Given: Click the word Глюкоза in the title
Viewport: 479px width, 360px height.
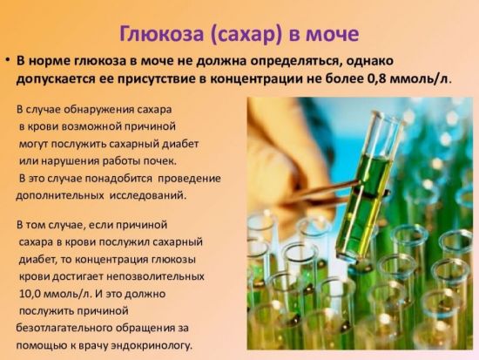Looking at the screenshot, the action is pyautogui.click(x=161, y=33).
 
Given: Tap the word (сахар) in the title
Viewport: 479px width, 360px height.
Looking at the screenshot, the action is pyautogui.click(x=246, y=33).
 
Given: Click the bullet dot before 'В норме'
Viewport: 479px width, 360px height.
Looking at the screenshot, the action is pyautogui.click(x=8, y=60).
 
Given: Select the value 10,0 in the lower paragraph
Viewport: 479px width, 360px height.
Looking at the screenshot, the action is pyautogui.click(x=30, y=294).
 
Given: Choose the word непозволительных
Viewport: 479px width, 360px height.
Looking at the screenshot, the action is pyautogui.click(x=155, y=277).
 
